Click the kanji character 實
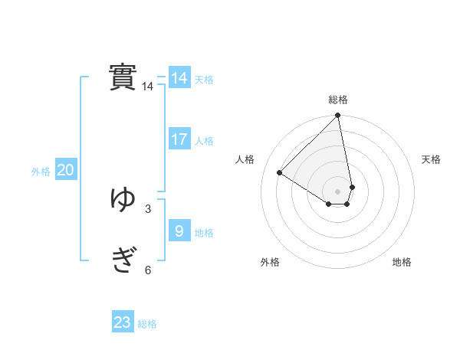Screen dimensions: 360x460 123,77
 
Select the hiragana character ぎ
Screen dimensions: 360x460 123,260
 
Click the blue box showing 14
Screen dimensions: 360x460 179,78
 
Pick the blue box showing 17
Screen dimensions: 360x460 179,139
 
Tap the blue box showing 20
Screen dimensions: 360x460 66,170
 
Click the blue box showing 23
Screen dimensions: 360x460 123,322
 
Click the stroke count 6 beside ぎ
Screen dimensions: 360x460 148,270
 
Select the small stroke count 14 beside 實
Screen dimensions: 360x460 148,87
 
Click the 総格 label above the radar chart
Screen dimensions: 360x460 338,100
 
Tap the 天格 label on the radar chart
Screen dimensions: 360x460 431,159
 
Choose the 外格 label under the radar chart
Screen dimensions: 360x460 270,262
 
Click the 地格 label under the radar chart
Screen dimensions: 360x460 402,262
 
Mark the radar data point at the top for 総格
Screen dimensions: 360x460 338,116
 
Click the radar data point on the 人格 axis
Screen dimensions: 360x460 280,173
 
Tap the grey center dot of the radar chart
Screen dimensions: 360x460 338,191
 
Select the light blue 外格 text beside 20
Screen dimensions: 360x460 41,172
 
